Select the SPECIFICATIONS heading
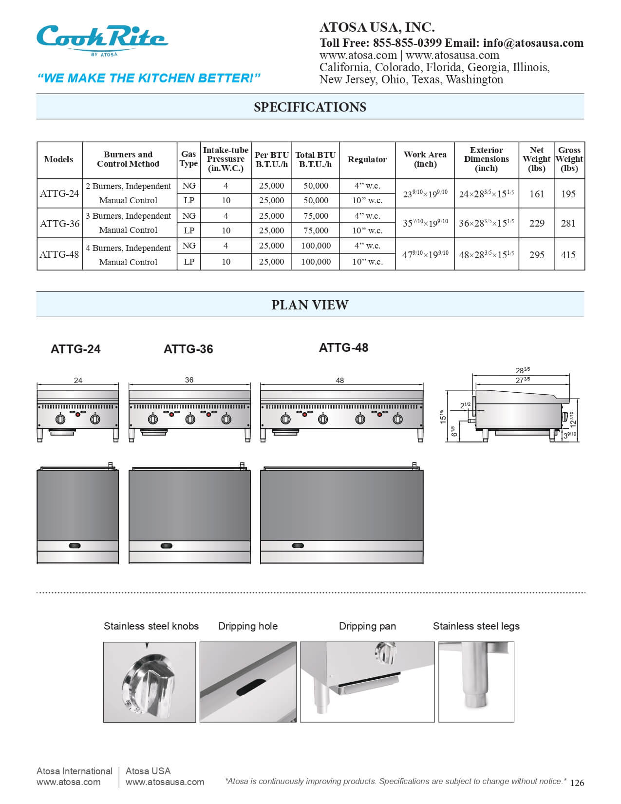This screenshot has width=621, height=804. pyautogui.click(x=310, y=107)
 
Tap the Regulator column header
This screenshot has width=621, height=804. pyautogui.click(x=367, y=159)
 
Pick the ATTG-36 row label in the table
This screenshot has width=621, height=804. pyautogui.click(x=59, y=224)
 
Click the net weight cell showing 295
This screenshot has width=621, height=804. pyautogui.click(x=536, y=254)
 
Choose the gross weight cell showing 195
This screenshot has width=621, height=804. pyautogui.click(x=568, y=194)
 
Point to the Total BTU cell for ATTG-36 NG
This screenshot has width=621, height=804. pyautogui.click(x=316, y=216)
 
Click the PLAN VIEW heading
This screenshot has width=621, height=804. pyautogui.click(x=310, y=305)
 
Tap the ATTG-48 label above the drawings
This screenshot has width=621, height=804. pyautogui.click(x=343, y=348)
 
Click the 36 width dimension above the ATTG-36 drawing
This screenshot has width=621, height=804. pyautogui.click(x=189, y=380)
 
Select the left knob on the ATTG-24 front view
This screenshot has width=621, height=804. pyautogui.click(x=61, y=419)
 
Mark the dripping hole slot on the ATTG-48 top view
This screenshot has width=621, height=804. pyautogui.click(x=298, y=546)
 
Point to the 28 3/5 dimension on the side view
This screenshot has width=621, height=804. pyautogui.click(x=522, y=371)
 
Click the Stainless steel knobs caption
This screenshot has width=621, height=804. pyautogui.click(x=151, y=626)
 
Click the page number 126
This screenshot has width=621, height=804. pyautogui.click(x=577, y=783)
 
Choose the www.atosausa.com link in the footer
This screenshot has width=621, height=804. pyautogui.click(x=165, y=782)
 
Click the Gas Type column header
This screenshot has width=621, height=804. pyautogui.click(x=188, y=159)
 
